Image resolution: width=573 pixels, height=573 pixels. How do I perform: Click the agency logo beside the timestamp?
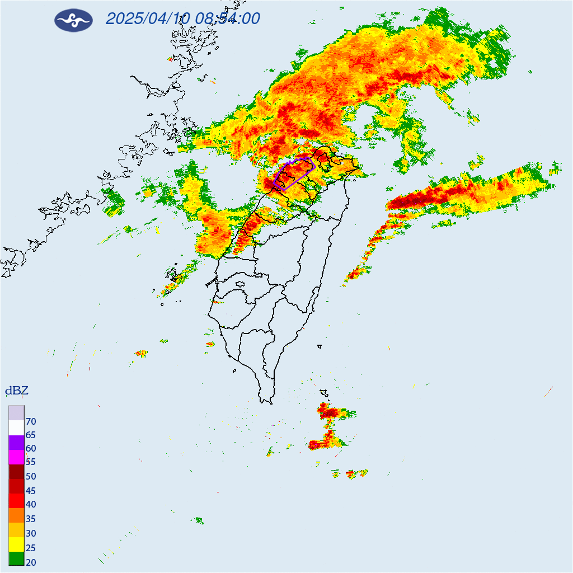coord(73,20)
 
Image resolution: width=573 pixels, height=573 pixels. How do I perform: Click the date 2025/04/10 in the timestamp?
coord(148,19)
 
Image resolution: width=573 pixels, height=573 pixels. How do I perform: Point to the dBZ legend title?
coord(16,391)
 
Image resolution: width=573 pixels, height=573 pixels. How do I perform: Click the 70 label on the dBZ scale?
coord(31,421)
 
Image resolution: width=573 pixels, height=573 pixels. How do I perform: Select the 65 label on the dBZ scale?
coord(31,435)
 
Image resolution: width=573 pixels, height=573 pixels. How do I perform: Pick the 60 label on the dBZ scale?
coord(31,449)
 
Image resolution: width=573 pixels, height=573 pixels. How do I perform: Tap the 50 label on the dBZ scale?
coord(31,477)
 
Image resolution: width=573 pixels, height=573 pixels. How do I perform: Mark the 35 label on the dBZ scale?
coord(31,519)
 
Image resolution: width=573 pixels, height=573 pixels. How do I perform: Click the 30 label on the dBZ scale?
coord(31,533)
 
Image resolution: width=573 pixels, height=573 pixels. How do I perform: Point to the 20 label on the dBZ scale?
coord(31,562)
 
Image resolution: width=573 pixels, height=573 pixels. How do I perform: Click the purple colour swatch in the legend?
coord(16,443)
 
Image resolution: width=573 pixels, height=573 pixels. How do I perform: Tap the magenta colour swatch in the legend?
coord(16,457)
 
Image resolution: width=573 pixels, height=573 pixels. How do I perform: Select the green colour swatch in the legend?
coord(16,558)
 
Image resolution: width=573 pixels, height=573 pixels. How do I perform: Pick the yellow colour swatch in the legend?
coord(16,544)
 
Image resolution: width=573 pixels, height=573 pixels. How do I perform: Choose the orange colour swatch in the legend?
coord(16,515)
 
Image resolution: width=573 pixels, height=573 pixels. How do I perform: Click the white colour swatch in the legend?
coord(16,428)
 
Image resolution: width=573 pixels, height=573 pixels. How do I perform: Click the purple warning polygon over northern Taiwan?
coord(295,173)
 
